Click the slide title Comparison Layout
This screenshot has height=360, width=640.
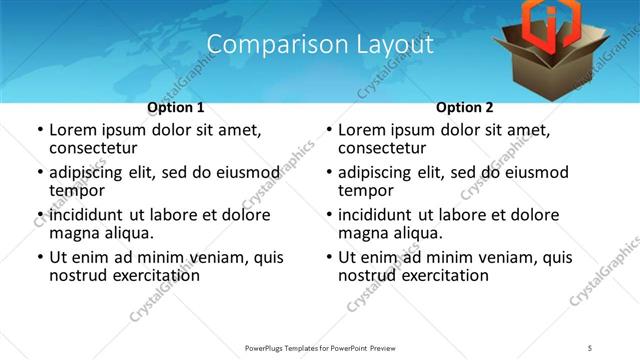(x=320, y=45)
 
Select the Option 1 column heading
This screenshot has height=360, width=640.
(x=176, y=107)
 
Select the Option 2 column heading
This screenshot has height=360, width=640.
(x=464, y=107)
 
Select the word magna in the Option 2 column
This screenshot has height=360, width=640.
(x=364, y=233)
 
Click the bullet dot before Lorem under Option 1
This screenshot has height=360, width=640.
(x=39, y=131)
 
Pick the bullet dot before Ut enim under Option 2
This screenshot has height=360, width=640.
(x=328, y=258)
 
